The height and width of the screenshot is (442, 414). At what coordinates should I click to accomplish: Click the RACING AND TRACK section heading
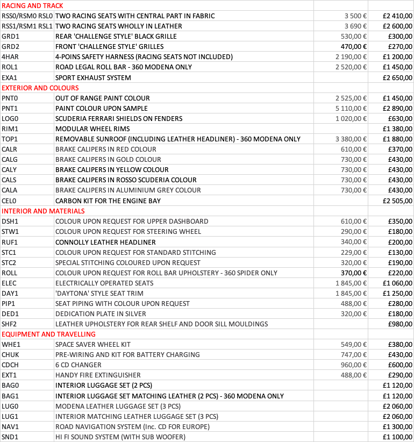click(x=32, y=5)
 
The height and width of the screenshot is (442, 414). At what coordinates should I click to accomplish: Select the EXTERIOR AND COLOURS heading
click(x=40, y=88)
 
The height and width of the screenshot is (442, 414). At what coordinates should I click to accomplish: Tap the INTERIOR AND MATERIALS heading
click(x=43, y=211)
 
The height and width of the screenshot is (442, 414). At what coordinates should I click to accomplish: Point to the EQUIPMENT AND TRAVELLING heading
click(x=48, y=334)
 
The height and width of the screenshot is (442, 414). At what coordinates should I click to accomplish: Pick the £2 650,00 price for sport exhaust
click(x=397, y=77)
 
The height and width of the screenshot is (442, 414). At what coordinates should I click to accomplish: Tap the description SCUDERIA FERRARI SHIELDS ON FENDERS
click(x=119, y=118)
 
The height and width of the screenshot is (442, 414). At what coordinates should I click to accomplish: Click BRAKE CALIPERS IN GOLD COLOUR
click(x=105, y=159)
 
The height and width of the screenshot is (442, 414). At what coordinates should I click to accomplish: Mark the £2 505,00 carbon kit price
click(x=397, y=201)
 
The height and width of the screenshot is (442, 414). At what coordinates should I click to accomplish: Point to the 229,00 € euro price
click(x=354, y=252)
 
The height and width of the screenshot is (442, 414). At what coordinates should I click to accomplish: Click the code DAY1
click(x=10, y=293)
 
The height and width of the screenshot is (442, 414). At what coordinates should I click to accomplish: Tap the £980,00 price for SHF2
click(x=401, y=324)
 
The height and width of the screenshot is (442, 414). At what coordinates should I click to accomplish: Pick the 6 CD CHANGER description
click(x=78, y=365)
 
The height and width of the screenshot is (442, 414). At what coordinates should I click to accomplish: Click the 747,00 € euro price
click(x=354, y=354)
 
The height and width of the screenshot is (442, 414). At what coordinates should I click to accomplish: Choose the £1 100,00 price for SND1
click(x=397, y=437)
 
